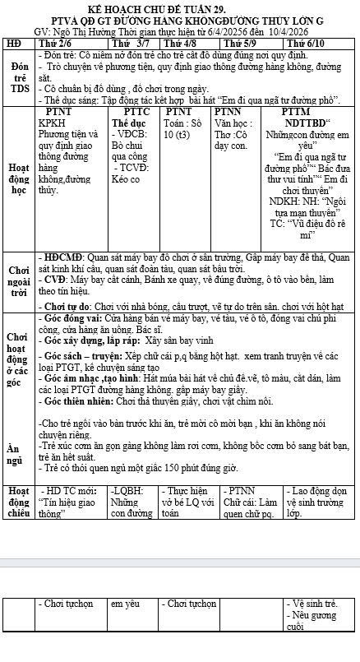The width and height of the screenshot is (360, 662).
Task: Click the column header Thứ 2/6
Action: [55, 42]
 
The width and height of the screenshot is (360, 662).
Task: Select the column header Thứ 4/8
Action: [180, 42]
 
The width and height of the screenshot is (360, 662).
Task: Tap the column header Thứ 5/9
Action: [239, 42]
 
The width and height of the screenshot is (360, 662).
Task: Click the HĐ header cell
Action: [13, 42]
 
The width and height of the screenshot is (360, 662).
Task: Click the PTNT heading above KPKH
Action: [58, 110]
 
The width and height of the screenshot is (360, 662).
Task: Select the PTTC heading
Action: [136, 110]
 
